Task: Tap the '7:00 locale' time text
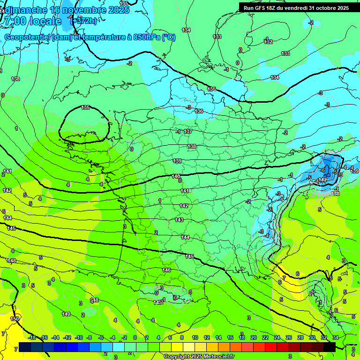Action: (33, 21)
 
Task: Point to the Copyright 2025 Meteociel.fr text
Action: (199, 356)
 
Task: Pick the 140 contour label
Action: (176, 176)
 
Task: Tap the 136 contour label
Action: (199, 111)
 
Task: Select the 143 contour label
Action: (179, 220)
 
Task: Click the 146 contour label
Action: (166, 270)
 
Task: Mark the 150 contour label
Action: (15, 319)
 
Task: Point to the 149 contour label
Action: (66, 314)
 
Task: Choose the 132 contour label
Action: (268, 42)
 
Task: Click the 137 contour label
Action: (188, 131)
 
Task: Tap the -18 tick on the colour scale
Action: (32, 337)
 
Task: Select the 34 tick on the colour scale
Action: (336, 337)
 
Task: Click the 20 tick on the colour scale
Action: (253, 337)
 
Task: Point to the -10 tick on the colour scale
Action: (79, 337)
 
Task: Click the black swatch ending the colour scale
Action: (330, 347)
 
